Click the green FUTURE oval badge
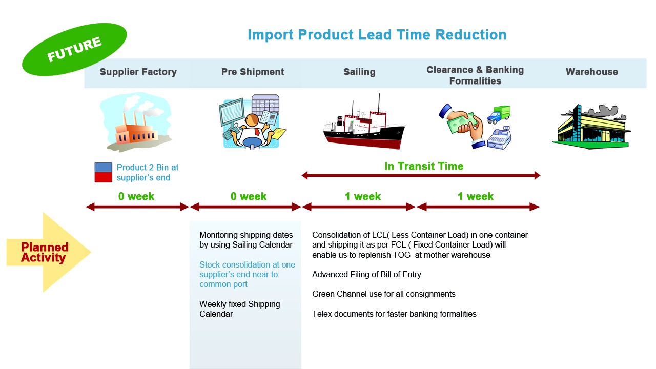(74, 50)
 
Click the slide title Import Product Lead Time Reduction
(377, 35)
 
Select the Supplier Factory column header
(138, 72)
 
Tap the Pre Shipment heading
(253, 72)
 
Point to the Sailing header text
(359, 72)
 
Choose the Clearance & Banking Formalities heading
(475, 75)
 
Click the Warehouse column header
(591, 72)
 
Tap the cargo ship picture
(364, 126)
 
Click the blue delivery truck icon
(498, 114)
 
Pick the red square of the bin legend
(103, 177)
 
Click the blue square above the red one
(103, 168)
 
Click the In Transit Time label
(424, 166)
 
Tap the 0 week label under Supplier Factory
(136, 196)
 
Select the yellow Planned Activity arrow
(46, 252)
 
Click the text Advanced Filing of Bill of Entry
(366, 274)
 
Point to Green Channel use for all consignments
(383, 294)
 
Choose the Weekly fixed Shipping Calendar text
(239, 309)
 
